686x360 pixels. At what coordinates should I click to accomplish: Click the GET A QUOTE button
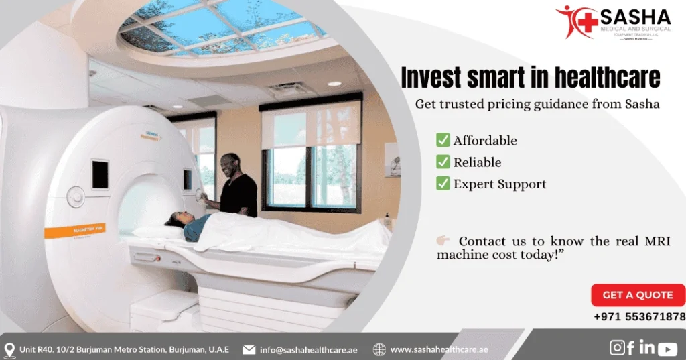pos(637,295)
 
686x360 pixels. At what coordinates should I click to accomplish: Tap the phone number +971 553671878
pos(639,317)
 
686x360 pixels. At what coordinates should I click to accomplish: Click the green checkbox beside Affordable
pos(443,140)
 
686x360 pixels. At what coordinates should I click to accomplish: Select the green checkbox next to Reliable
pos(443,162)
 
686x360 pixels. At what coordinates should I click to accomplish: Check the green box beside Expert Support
pos(443,183)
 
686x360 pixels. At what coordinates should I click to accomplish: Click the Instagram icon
pos(617,347)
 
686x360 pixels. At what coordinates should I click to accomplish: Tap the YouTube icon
pos(667,349)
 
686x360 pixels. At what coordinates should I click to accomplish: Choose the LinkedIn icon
pos(646,347)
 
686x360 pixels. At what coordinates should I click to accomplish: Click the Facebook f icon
pos(631,347)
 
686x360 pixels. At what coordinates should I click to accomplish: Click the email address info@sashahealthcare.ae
pos(310,349)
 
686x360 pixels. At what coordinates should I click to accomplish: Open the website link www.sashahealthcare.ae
pos(439,349)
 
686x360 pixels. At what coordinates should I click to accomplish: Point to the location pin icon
pos(9,350)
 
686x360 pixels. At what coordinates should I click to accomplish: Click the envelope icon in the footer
pos(249,349)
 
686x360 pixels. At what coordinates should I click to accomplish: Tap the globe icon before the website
pos(379,349)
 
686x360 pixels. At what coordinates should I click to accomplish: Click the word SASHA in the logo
pos(635,16)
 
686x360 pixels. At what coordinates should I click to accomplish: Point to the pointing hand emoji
pos(443,241)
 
